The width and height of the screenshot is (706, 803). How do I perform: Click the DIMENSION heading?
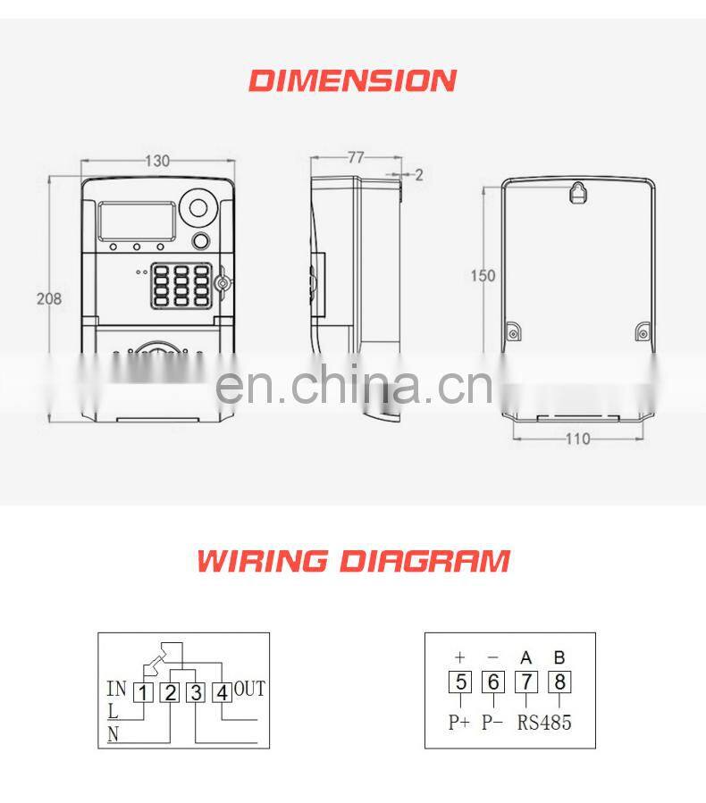tap(352, 80)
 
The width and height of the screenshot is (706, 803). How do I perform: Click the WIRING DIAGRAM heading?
tap(353, 561)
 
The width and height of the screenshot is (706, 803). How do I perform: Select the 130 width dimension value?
tap(157, 161)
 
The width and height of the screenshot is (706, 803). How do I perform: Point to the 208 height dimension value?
tap(49, 299)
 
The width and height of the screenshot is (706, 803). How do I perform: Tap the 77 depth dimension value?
tap(356, 157)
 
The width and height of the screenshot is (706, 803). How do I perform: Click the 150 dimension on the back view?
tap(483, 276)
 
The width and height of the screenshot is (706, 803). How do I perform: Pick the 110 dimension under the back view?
tap(578, 439)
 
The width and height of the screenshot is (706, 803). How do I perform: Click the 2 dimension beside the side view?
tap(418, 175)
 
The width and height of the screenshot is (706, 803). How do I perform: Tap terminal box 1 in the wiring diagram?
tap(144, 691)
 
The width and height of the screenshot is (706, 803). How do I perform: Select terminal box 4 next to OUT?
tap(222, 691)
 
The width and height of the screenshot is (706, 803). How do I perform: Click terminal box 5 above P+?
tap(459, 682)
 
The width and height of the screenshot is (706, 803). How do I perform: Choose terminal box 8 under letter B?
tap(559, 682)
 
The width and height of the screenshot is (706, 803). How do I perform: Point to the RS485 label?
tap(544, 722)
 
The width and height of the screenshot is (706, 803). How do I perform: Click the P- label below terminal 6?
tap(493, 722)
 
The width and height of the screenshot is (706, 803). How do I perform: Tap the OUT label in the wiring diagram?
tap(249, 689)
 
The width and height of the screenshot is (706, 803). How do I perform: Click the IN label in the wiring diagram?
tap(116, 689)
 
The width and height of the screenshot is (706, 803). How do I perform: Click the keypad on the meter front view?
tap(182, 284)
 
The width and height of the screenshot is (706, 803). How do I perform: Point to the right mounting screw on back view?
tap(643, 334)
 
